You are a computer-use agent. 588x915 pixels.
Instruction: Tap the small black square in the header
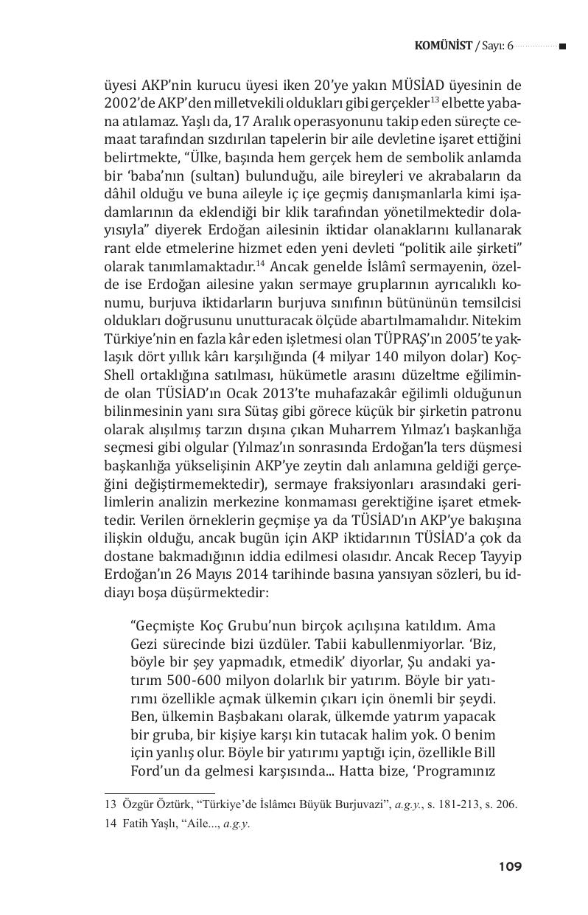[562, 47]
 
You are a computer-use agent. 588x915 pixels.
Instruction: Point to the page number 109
[509, 866]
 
